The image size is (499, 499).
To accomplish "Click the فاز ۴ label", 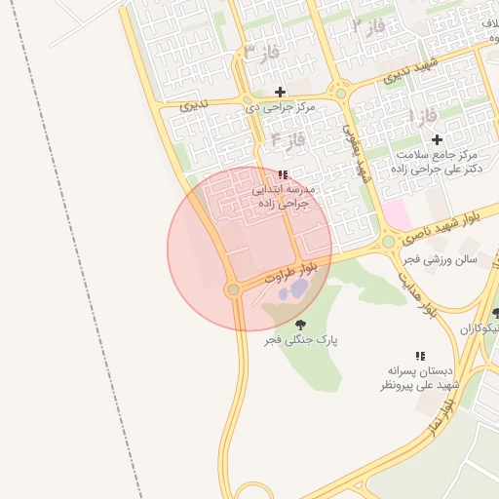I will click(288, 139).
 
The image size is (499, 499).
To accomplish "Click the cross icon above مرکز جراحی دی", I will click(280, 92).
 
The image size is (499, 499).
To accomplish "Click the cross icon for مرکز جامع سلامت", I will click(437, 139).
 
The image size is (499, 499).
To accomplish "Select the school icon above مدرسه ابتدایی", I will click(283, 174).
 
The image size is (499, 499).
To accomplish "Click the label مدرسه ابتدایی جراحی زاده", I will click(281, 197).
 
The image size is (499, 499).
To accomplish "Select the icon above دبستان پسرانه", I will click(420, 357).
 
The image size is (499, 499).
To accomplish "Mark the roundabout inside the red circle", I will click(233, 289).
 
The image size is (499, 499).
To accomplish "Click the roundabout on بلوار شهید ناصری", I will click(389, 241).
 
